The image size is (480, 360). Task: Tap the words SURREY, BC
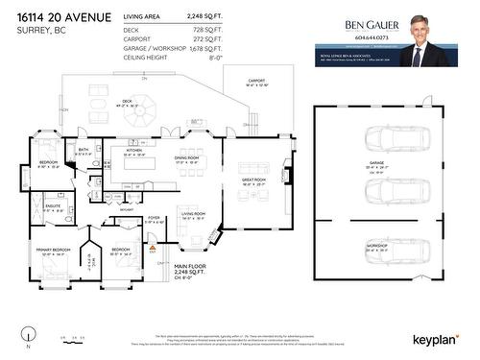tap(36, 30)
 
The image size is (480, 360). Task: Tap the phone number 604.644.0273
tap(373, 38)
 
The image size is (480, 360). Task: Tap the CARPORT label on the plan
tap(256, 81)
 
